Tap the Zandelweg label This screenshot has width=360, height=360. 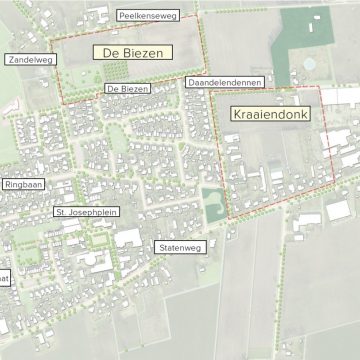click(x=30, y=60)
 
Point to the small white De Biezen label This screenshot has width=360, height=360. click(x=127, y=89)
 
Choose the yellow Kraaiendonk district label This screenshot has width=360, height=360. click(x=270, y=114)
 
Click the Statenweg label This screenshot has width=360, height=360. click(x=180, y=246)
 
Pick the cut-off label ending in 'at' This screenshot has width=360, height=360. click(x=4, y=279)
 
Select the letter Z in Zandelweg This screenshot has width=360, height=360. click(x=11, y=60)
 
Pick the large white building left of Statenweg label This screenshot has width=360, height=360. click(x=129, y=239)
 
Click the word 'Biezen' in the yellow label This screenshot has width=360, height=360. click(x=147, y=52)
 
